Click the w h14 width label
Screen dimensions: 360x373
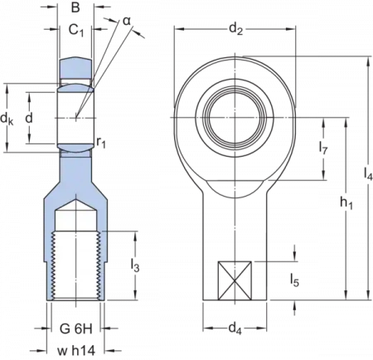(x=75, y=348)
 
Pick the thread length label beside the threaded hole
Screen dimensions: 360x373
(x=135, y=268)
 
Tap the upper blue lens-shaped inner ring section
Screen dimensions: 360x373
(x=76, y=82)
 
